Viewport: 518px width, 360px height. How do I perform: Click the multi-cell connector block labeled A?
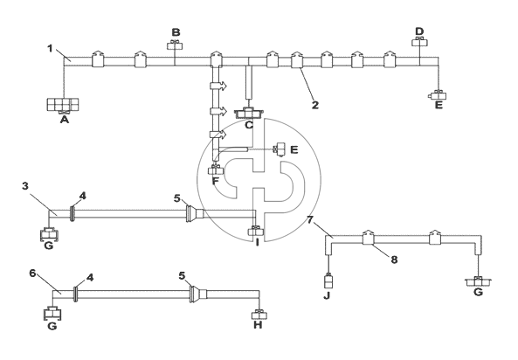(x=63, y=105)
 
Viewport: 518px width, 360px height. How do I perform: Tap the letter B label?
(x=176, y=32)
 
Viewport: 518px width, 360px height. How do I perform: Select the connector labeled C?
(x=249, y=113)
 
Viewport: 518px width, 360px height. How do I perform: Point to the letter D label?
(x=419, y=31)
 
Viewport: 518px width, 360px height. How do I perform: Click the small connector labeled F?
(x=216, y=170)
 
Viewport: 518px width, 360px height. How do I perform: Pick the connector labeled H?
(x=259, y=315)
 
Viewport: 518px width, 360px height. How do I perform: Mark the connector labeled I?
(x=256, y=231)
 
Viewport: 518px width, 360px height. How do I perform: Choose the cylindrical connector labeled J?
(x=328, y=281)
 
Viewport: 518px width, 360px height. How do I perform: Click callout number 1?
(x=50, y=49)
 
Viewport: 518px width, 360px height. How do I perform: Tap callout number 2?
(x=315, y=105)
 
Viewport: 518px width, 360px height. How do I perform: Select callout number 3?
(x=25, y=186)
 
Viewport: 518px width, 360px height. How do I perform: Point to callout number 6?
(x=32, y=273)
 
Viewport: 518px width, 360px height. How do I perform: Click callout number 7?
(x=309, y=219)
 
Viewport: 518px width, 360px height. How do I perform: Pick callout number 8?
(x=394, y=260)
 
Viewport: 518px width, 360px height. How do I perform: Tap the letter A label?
(x=65, y=120)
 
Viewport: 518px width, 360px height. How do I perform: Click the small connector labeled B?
(x=175, y=45)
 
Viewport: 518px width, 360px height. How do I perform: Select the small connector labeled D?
(x=420, y=42)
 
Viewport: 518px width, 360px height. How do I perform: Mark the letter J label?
(x=327, y=296)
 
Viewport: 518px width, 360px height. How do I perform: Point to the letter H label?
(x=258, y=325)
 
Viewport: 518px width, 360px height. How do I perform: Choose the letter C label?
(x=249, y=125)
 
